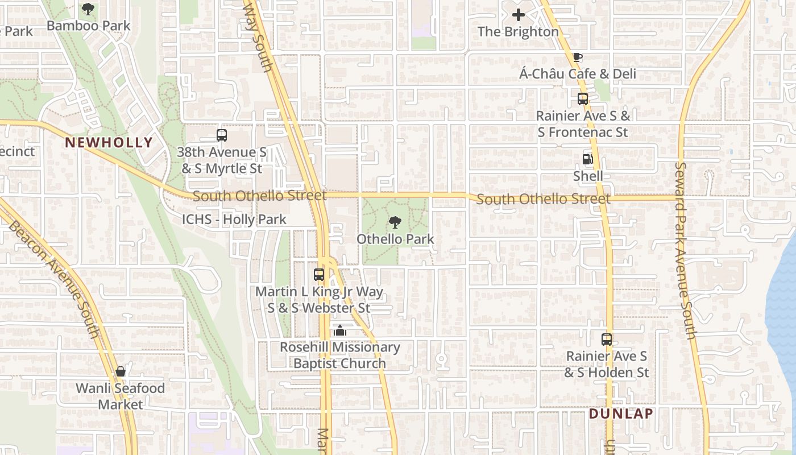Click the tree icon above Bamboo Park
[x=88, y=9]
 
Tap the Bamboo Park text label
[x=88, y=26]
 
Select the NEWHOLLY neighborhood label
[x=109, y=142]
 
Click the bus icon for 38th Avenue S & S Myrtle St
[x=222, y=135]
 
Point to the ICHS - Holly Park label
[x=234, y=220]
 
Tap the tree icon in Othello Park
[x=395, y=222]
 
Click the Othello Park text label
[x=395, y=239]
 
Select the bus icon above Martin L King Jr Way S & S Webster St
[x=319, y=275]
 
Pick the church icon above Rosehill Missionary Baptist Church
[x=340, y=330]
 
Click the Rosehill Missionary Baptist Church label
[x=339, y=355]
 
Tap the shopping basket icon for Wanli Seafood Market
[x=121, y=372]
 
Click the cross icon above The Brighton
[x=518, y=15]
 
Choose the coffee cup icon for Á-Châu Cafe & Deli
[x=578, y=57]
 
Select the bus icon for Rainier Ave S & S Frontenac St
[x=583, y=99]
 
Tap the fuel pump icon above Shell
[x=588, y=159]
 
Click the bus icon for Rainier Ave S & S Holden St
[x=607, y=340]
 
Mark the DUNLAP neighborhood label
[x=621, y=413]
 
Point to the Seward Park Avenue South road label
[x=686, y=250]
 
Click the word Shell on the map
[x=588, y=176]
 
